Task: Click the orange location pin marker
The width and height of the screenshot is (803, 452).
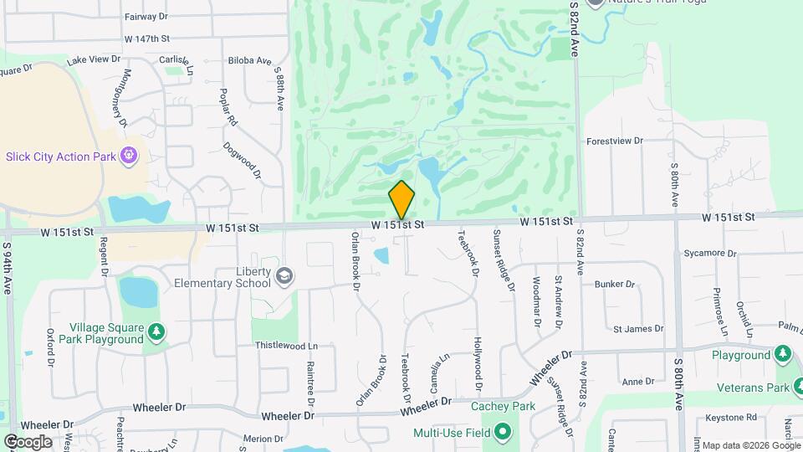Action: pos(401,201)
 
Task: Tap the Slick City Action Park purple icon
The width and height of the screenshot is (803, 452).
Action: pos(129,155)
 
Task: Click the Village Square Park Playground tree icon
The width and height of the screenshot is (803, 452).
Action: pos(156,333)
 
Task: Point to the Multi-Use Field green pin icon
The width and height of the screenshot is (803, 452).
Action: pos(502,433)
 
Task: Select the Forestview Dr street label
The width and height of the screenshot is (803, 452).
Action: pos(614,141)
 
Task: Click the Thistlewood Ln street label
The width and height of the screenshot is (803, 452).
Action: pos(286,346)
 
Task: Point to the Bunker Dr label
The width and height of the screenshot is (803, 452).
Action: pos(615,285)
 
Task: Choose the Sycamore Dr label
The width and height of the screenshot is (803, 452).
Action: pos(708,251)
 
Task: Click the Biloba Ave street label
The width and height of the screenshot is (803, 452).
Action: pos(250,61)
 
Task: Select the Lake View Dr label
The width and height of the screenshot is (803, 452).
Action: pos(93,60)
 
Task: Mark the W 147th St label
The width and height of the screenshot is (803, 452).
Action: pos(146,39)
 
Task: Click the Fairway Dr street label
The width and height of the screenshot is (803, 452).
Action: pos(146,16)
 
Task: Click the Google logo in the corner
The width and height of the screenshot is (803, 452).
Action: pos(28,441)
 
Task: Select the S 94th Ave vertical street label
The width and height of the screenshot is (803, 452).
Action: pos(8,268)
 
